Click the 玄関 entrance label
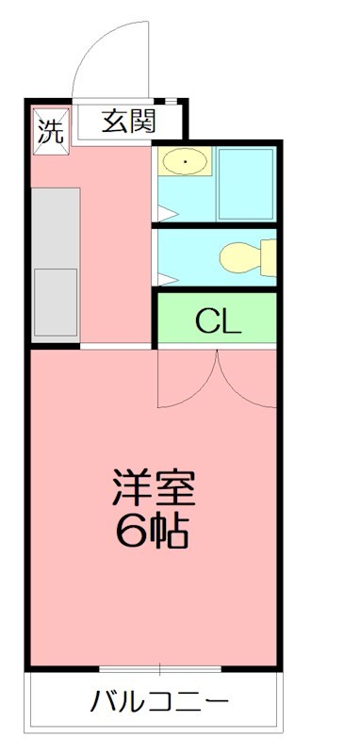tap(129, 122)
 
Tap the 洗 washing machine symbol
tap(49, 130)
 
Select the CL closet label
tap(218, 321)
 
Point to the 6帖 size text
tap(153, 533)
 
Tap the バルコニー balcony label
tap(159, 702)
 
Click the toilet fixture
tap(243, 256)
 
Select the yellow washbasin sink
tap(186, 164)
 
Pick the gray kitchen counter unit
tap(56, 264)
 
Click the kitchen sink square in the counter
tap(56, 301)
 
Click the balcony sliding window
tap(160, 669)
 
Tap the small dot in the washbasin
tap(186, 164)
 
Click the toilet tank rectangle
tap(269, 256)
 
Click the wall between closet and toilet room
tap(217, 289)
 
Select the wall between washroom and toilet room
tap(217, 225)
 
